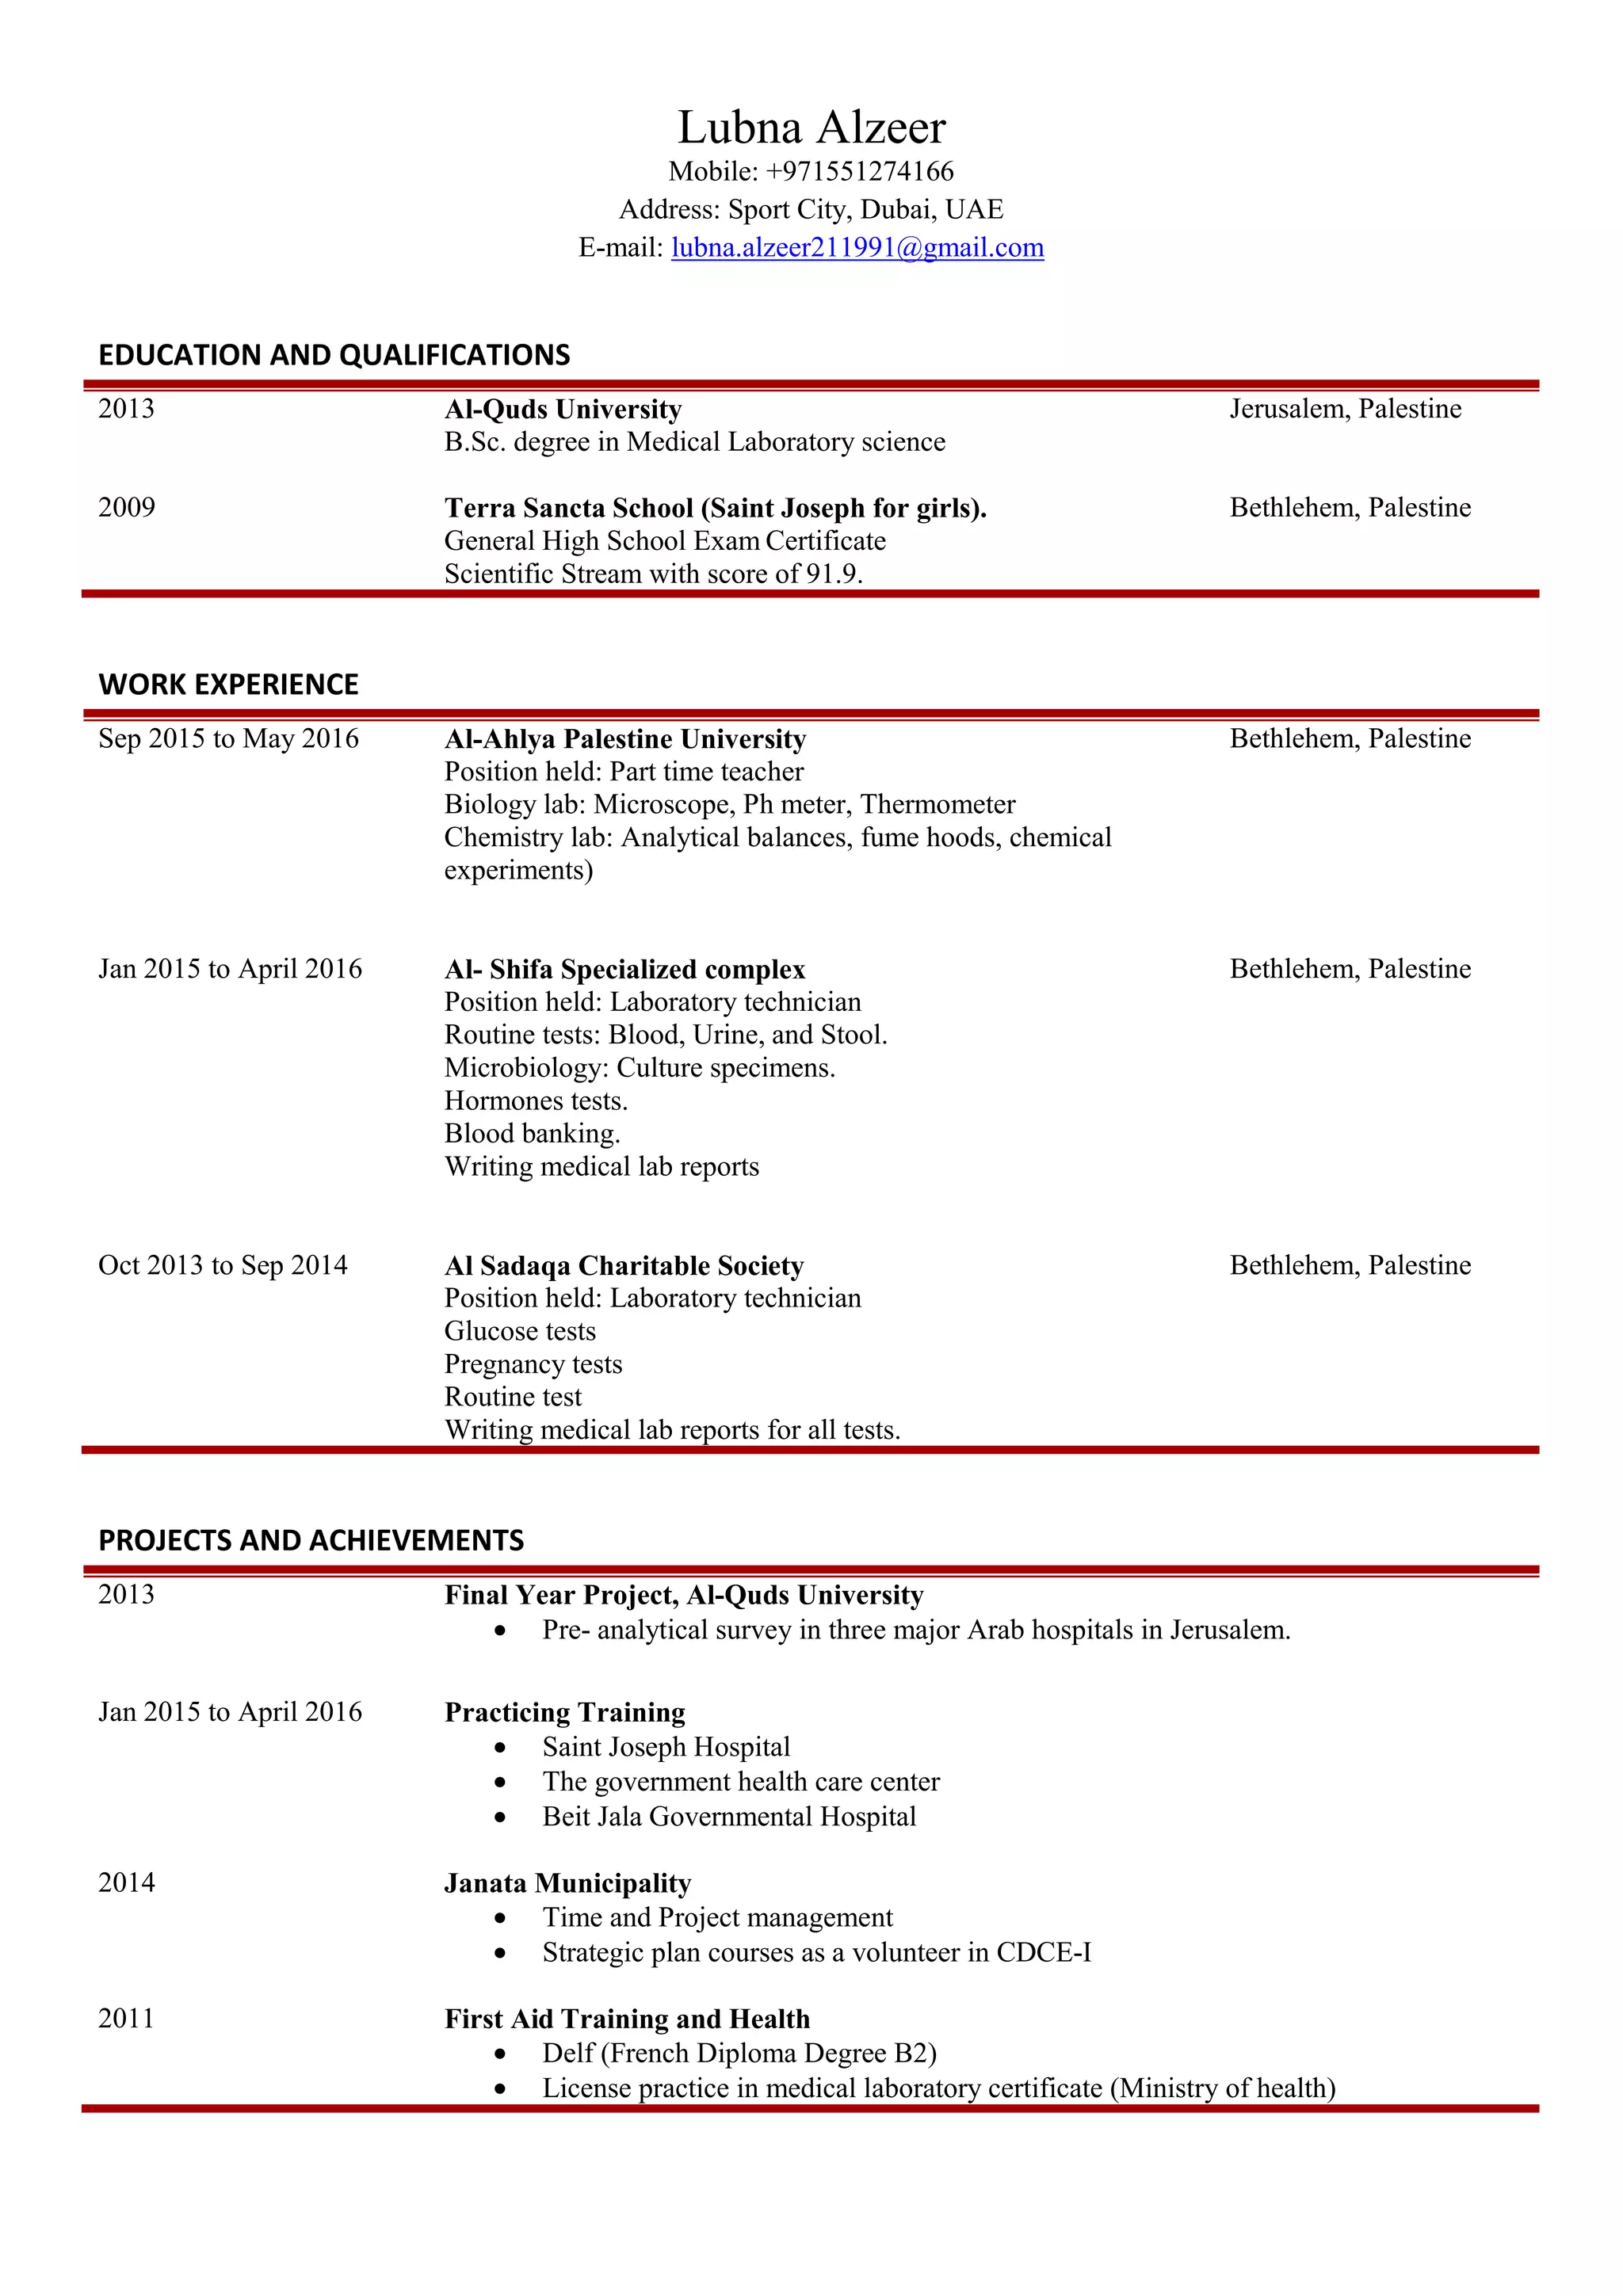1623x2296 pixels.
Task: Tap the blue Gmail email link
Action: [857, 247]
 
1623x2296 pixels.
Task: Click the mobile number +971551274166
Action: [859, 171]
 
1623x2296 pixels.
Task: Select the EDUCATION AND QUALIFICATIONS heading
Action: [334, 355]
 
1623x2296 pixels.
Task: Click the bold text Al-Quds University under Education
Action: [563, 409]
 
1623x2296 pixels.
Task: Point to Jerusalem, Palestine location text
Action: [1345, 408]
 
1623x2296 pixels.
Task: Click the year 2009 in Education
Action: [126, 507]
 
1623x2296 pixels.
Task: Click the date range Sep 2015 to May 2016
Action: [228, 739]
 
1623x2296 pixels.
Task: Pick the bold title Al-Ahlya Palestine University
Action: [625, 739]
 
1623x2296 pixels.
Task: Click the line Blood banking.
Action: [532, 1134]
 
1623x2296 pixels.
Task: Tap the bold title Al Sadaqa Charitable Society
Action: [624, 1266]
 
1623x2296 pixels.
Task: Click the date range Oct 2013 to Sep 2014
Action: [222, 1266]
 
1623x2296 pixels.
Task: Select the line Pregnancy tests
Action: [533, 1364]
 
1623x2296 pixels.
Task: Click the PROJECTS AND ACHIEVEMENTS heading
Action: [311, 1541]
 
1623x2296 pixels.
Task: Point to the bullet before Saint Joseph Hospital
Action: [500, 1748]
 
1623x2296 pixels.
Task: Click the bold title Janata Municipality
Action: [567, 1883]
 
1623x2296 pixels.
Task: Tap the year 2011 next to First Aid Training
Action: [126, 2018]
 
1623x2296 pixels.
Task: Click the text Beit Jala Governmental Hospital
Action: [729, 1816]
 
